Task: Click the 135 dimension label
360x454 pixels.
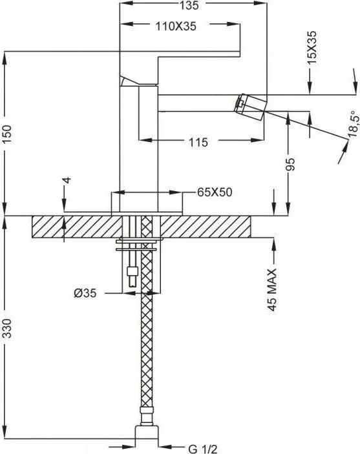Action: pyautogui.click(x=189, y=5)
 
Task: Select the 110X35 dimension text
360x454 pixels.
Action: pyautogui.click(x=176, y=26)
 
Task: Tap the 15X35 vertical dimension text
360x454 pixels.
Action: pyautogui.click(x=312, y=48)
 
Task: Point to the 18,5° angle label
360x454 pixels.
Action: pyautogui.click(x=354, y=125)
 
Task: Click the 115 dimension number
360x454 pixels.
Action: pyautogui.click(x=198, y=142)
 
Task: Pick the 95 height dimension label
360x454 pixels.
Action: pyautogui.click(x=290, y=164)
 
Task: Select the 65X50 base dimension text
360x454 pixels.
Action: pyautogui.click(x=215, y=192)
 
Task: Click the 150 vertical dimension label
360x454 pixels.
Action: pyautogui.click(x=6, y=134)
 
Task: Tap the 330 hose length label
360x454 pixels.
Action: pyautogui.click(x=6, y=328)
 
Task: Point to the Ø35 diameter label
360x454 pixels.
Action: pyautogui.click(x=85, y=293)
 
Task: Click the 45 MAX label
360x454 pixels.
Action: pyautogui.click(x=272, y=289)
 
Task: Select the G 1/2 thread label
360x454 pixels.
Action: pyautogui.click(x=202, y=449)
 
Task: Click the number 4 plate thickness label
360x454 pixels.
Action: pyautogui.click(x=67, y=180)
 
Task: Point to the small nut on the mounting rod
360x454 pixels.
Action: pyautogui.click(x=132, y=272)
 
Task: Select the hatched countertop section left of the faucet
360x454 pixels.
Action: pyautogui.click(x=76, y=227)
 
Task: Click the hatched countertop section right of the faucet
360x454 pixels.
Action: pyautogui.click(x=206, y=227)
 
